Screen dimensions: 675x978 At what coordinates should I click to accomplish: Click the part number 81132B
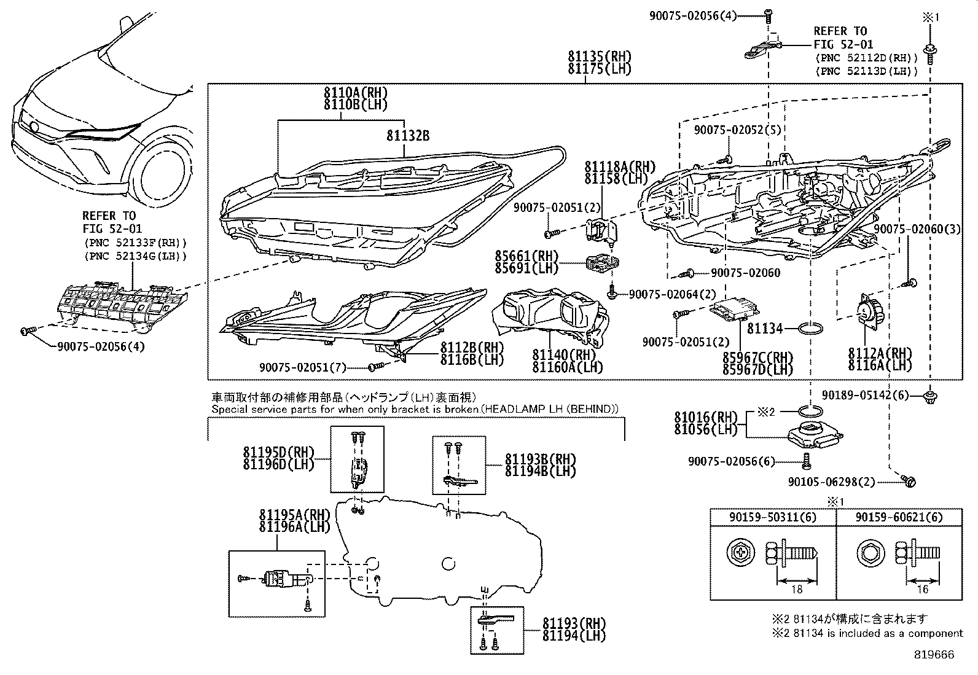pos(407,136)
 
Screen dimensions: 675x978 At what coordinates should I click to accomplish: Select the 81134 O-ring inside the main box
pos(811,329)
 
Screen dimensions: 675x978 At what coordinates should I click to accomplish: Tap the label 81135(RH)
pos(600,57)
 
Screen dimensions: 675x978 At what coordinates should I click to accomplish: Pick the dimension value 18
pos(797,590)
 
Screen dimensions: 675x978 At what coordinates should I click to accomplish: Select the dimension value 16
pos(922,590)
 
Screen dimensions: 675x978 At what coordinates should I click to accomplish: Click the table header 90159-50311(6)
pos(773,518)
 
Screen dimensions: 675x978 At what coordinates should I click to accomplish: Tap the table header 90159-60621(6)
pos(899,518)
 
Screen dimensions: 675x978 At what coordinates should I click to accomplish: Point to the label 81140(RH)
pos(564,355)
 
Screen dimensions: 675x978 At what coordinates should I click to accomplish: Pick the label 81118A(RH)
pos(619,167)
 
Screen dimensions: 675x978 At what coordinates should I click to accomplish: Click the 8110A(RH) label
pos(356,93)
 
